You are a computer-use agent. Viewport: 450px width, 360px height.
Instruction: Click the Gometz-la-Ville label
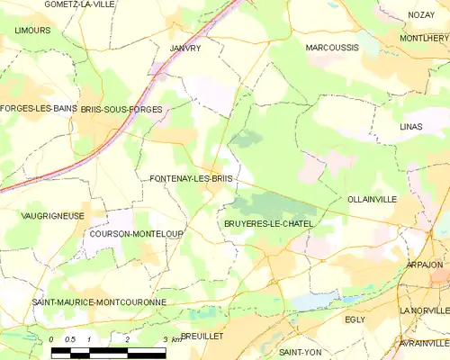79,4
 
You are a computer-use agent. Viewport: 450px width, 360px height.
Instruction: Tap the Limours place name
32,30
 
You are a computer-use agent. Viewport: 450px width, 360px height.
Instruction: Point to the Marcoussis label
332,47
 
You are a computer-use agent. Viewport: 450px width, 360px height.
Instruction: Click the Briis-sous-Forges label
121,109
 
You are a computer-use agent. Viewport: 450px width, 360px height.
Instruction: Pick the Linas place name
410,127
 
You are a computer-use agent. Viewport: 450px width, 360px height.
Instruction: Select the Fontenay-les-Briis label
191,179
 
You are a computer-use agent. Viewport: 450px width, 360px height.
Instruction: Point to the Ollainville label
372,199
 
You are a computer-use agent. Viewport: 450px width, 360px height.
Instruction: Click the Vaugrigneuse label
52,216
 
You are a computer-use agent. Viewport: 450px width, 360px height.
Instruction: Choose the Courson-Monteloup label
137,234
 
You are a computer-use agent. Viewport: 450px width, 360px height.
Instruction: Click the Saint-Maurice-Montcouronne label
99,302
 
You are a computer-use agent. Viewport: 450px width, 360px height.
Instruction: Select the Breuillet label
202,335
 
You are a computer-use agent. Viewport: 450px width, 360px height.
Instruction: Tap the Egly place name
355,319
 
